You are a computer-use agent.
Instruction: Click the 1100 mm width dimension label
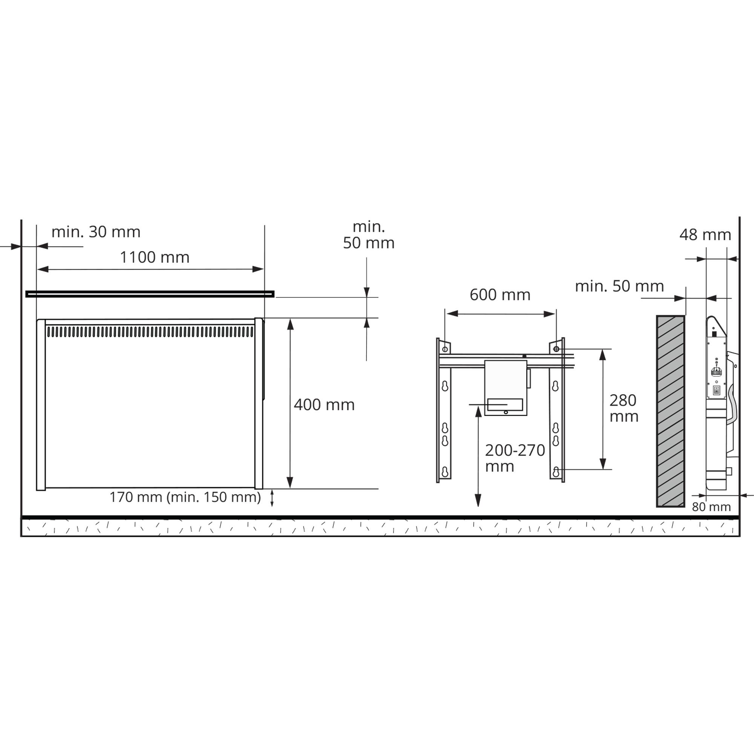tap(155, 257)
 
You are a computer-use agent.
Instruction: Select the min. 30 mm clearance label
tap(96, 232)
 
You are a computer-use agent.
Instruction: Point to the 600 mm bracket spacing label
tap(500, 295)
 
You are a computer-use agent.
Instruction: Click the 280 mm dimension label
tap(624, 408)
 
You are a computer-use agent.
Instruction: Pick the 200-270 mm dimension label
tap(515, 458)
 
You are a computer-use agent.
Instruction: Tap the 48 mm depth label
tap(705, 234)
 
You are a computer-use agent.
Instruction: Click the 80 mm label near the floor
tap(711, 507)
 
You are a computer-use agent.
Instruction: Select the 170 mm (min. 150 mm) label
tap(185, 497)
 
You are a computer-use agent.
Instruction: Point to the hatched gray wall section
tap(670, 411)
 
